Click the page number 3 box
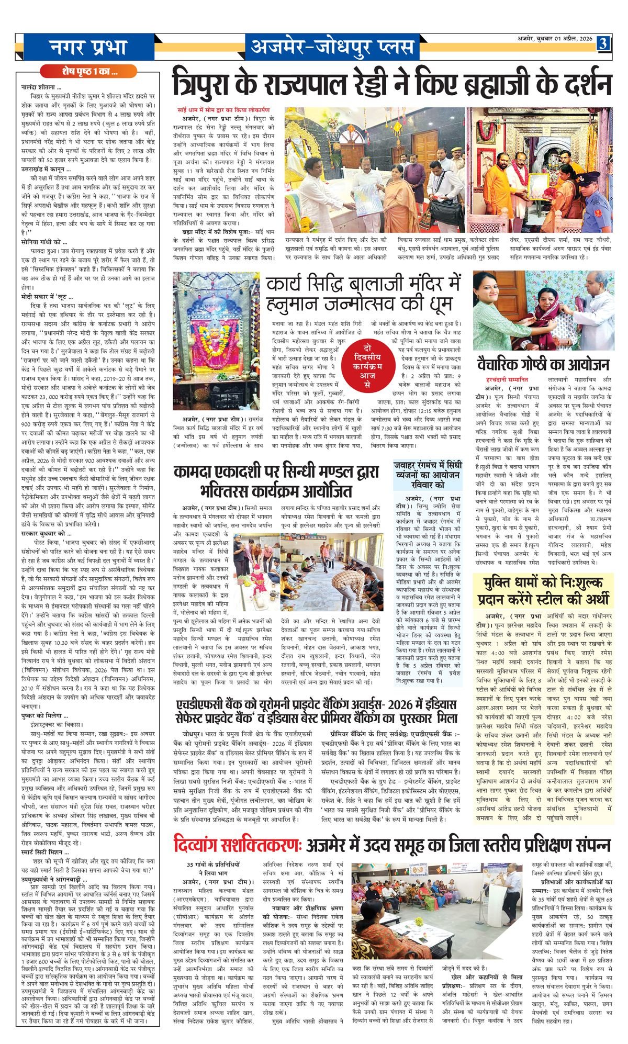click(x=603, y=44)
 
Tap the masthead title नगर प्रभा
click(x=89, y=47)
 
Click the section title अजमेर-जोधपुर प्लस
click(x=332, y=47)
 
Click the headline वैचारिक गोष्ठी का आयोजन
click(x=543, y=364)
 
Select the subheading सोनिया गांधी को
click(x=44, y=242)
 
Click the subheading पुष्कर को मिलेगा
click(x=45, y=715)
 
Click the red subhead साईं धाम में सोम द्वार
click(x=223, y=110)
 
